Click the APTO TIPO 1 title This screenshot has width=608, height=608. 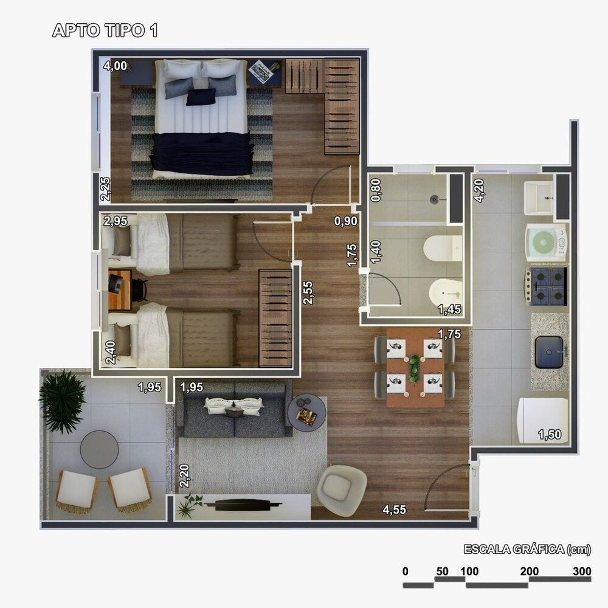tap(105, 32)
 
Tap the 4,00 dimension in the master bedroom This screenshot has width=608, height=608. tap(115, 66)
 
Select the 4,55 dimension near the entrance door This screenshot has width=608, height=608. tap(394, 510)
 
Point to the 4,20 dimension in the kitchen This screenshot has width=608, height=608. tap(480, 190)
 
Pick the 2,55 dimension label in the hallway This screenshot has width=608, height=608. tap(309, 292)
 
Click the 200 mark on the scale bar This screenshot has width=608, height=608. tap(530, 572)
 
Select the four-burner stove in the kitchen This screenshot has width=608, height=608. tap(547, 286)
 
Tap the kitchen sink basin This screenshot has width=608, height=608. tap(550, 353)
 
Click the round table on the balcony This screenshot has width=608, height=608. tap(99, 449)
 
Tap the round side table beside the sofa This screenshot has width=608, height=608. tap(307, 412)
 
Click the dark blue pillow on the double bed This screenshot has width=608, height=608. tap(201, 97)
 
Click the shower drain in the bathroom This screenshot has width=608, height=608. tap(434, 198)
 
